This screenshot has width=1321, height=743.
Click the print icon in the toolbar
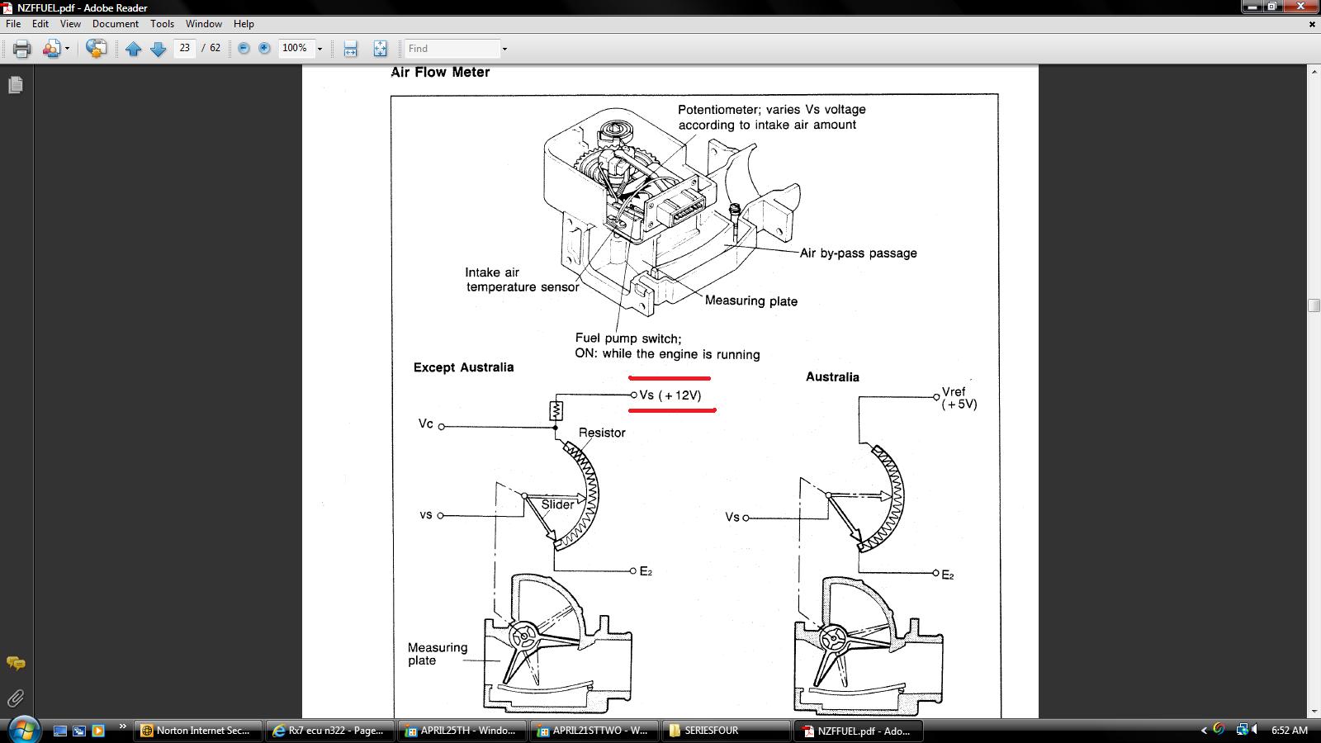point(21,49)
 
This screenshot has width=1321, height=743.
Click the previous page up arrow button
point(133,49)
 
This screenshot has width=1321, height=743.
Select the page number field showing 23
point(185,48)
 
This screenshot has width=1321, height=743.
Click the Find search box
point(452,49)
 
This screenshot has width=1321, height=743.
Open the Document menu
point(115,24)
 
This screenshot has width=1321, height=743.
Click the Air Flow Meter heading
point(441,72)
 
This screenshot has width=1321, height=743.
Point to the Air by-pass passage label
point(858,253)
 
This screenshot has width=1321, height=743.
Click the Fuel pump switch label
point(628,338)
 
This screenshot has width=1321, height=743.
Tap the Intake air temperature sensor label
point(523,280)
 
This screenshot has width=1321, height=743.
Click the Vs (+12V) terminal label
point(670,395)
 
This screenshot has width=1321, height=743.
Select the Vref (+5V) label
point(959,398)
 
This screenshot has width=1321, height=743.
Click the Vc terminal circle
point(441,426)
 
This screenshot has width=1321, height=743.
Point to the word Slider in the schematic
point(557,504)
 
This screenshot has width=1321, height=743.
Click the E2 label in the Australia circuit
point(948,575)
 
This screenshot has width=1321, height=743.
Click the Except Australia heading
point(463,367)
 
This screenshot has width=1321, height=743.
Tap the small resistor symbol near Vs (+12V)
point(556,410)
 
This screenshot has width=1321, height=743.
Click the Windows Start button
point(24,730)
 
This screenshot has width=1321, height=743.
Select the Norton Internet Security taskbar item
point(197,731)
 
